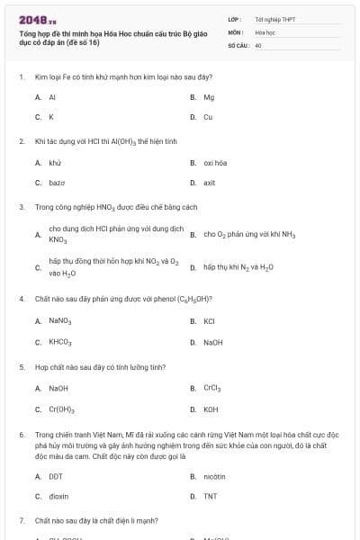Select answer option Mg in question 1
click(209, 96)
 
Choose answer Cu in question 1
click(208, 117)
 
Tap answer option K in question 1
click(51, 117)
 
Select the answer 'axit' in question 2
click(210, 183)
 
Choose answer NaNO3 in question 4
click(60, 320)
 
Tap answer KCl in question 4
click(209, 320)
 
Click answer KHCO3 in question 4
click(60, 342)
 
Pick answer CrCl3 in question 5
click(212, 389)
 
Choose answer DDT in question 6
click(56, 476)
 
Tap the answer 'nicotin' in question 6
click(214, 476)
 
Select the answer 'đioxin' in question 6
click(58, 496)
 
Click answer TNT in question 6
click(210, 496)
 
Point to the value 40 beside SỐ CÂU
click(258, 44)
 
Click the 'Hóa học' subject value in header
click(265, 31)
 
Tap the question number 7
click(21, 520)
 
